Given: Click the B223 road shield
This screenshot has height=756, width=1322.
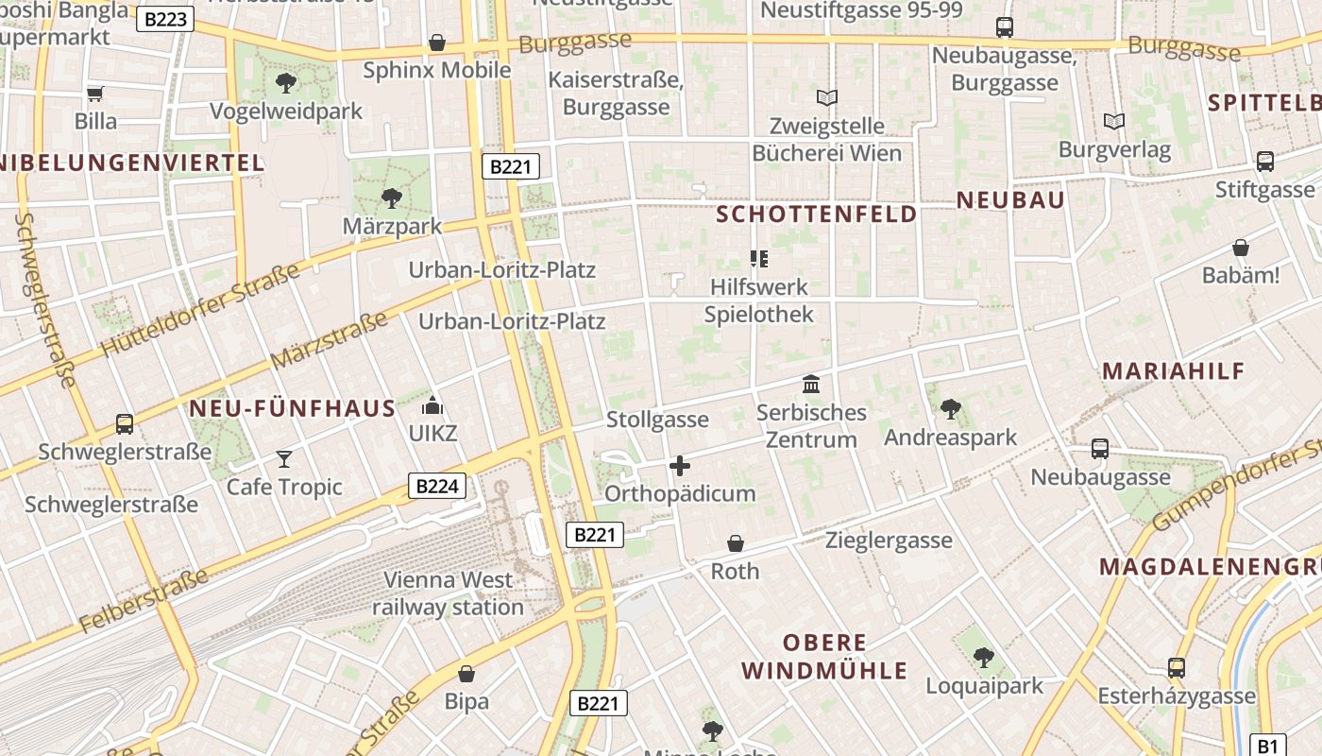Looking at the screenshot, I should tap(165, 19).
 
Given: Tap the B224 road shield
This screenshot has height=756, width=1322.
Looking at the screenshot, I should tap(438, 487).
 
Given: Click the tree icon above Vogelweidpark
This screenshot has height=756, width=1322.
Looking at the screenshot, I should tap(285, 83).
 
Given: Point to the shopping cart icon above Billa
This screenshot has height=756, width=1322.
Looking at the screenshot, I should tap(94, 94).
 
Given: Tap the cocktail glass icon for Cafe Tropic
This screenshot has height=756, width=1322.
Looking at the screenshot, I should tap(284, 459).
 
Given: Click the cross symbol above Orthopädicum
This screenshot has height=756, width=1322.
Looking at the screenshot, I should tap(679, 466).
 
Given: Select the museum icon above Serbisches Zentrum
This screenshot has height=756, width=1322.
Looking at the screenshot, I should tap(811, 385).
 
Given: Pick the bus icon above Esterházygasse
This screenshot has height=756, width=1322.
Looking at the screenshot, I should tap(1177, 668).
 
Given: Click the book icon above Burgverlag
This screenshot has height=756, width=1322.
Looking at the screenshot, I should tap(1114, 121).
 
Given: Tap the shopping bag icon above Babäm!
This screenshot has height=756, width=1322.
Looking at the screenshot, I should tap(1241, 248).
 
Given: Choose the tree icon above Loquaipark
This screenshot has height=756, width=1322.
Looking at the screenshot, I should tap(984, 657).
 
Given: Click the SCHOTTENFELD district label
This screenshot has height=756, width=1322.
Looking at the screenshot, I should tap(817, 215).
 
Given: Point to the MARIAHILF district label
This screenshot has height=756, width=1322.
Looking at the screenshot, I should tap(1174, 371).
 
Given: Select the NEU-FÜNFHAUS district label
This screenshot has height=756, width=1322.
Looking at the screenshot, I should tap(293, 409).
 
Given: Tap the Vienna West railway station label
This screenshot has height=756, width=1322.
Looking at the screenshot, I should tap(448, 593).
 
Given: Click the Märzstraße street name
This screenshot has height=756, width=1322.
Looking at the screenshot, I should tap(328, 341).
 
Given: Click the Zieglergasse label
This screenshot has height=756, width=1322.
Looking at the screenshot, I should tap(889, 541).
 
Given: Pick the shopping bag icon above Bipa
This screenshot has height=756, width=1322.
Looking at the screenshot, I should tap(466, 674).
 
